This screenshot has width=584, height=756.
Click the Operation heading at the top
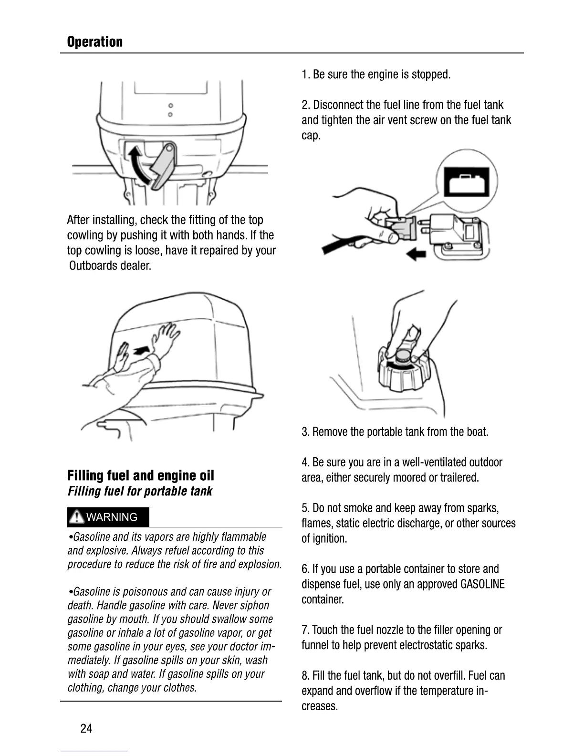pyautogui.click(x=94, y=42)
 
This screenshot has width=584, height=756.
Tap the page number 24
pyautogui.click(x=86, y=728)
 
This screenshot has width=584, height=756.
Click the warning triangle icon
pyautogui.click(x=76, y=517)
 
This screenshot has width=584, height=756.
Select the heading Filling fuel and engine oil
pyautogui.click(x=140, y=475)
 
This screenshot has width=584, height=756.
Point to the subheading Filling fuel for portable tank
pyautogui.click(x=140, y=491)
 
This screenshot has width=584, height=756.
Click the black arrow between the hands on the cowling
pyautogui.click(x=141, y=351)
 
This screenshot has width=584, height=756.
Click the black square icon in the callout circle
pyautogui.click(x=467, y=181)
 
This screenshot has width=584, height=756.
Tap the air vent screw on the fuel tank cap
pyautogui.click(x=404, y=355)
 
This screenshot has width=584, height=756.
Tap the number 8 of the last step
pyautogui.click(x=305, y=676)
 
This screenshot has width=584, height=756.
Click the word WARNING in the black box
pyautogui.click(x=112, y=517)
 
